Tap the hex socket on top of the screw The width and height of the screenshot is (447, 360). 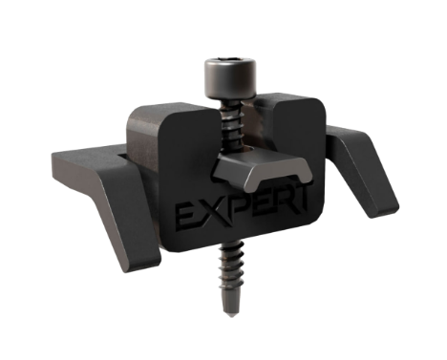point(230,59)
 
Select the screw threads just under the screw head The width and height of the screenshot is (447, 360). point(232,124)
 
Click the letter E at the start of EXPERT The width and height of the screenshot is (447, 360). point(186,218)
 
